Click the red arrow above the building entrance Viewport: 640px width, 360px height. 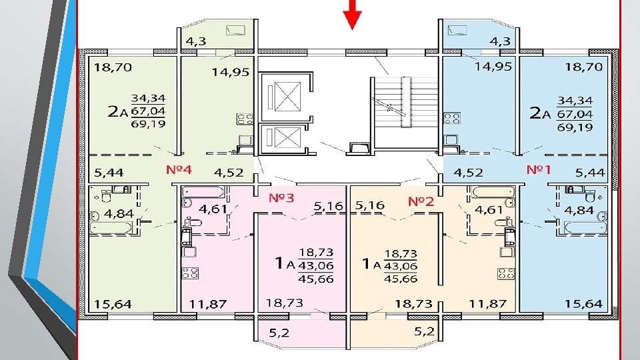352,14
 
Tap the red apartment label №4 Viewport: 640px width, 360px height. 179,169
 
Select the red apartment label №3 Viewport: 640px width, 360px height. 281,198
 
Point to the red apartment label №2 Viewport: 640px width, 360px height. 421,201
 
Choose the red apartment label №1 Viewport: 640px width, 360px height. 539,169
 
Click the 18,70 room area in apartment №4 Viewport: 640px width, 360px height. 113,67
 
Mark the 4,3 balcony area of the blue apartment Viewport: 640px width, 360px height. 500,41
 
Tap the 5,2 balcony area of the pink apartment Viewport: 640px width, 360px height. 279,333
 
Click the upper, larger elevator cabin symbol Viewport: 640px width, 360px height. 287,97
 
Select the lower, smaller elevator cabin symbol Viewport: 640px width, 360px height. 287,137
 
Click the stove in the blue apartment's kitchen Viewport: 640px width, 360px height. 452,119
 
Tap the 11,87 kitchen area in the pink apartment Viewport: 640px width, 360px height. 207,304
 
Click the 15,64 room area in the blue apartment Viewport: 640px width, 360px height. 583,304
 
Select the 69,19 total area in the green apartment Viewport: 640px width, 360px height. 148,124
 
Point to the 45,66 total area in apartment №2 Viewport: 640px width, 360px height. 401,279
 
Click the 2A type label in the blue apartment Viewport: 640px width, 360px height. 539,113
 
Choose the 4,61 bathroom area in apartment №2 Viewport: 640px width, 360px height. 489,210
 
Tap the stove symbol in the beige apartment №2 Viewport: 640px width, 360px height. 505,274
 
